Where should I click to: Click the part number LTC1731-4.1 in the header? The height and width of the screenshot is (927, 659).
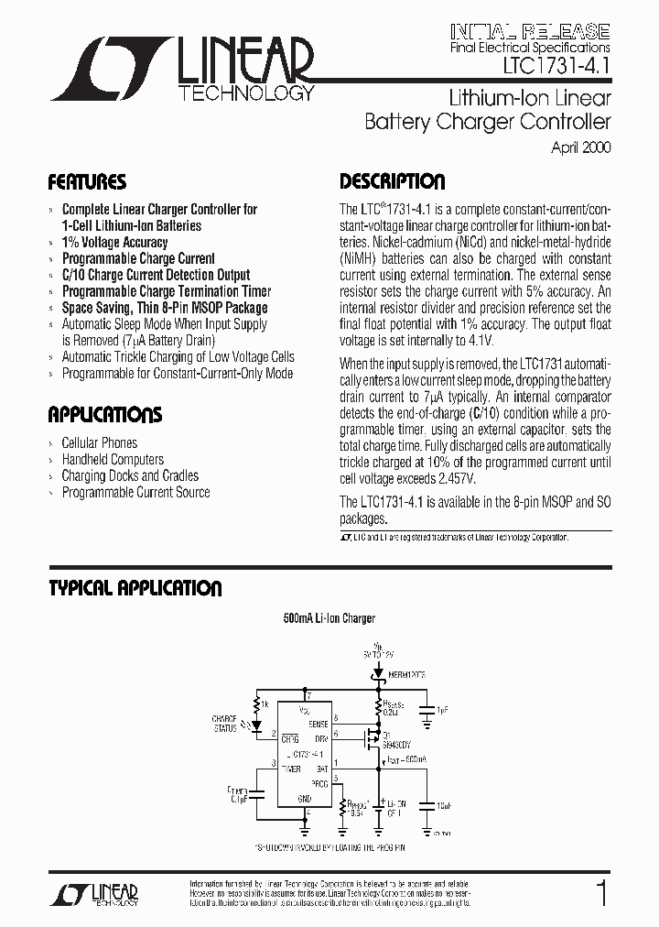click(x=556, y=68)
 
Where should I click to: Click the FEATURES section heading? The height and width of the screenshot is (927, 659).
click(x=87, y=181)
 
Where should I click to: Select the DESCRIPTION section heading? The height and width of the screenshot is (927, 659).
click(x=392, y=181)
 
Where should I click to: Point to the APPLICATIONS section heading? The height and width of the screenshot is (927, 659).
click(x=104, y=415)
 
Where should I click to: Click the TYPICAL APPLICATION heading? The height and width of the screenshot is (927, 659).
click(x=135, y=588)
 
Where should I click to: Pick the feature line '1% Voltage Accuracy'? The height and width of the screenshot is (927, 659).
click(x=114, y=242)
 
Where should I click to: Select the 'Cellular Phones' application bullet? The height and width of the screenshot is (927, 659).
click(x=99, y=443)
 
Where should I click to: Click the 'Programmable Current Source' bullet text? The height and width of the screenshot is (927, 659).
click(x=135, y=493)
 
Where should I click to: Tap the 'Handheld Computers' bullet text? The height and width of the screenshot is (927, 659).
click(x=113, y=460)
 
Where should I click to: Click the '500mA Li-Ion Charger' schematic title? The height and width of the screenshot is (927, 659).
click(x=329, y=619)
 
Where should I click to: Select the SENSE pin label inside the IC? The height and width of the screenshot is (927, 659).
click(x=318, y=724)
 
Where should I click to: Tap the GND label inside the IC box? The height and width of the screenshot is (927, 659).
click(x=305, y=799)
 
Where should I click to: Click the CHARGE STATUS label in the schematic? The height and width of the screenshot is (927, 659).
click(x=224, y=724)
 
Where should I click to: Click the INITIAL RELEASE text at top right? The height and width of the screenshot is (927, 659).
click(x=531, y=29)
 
